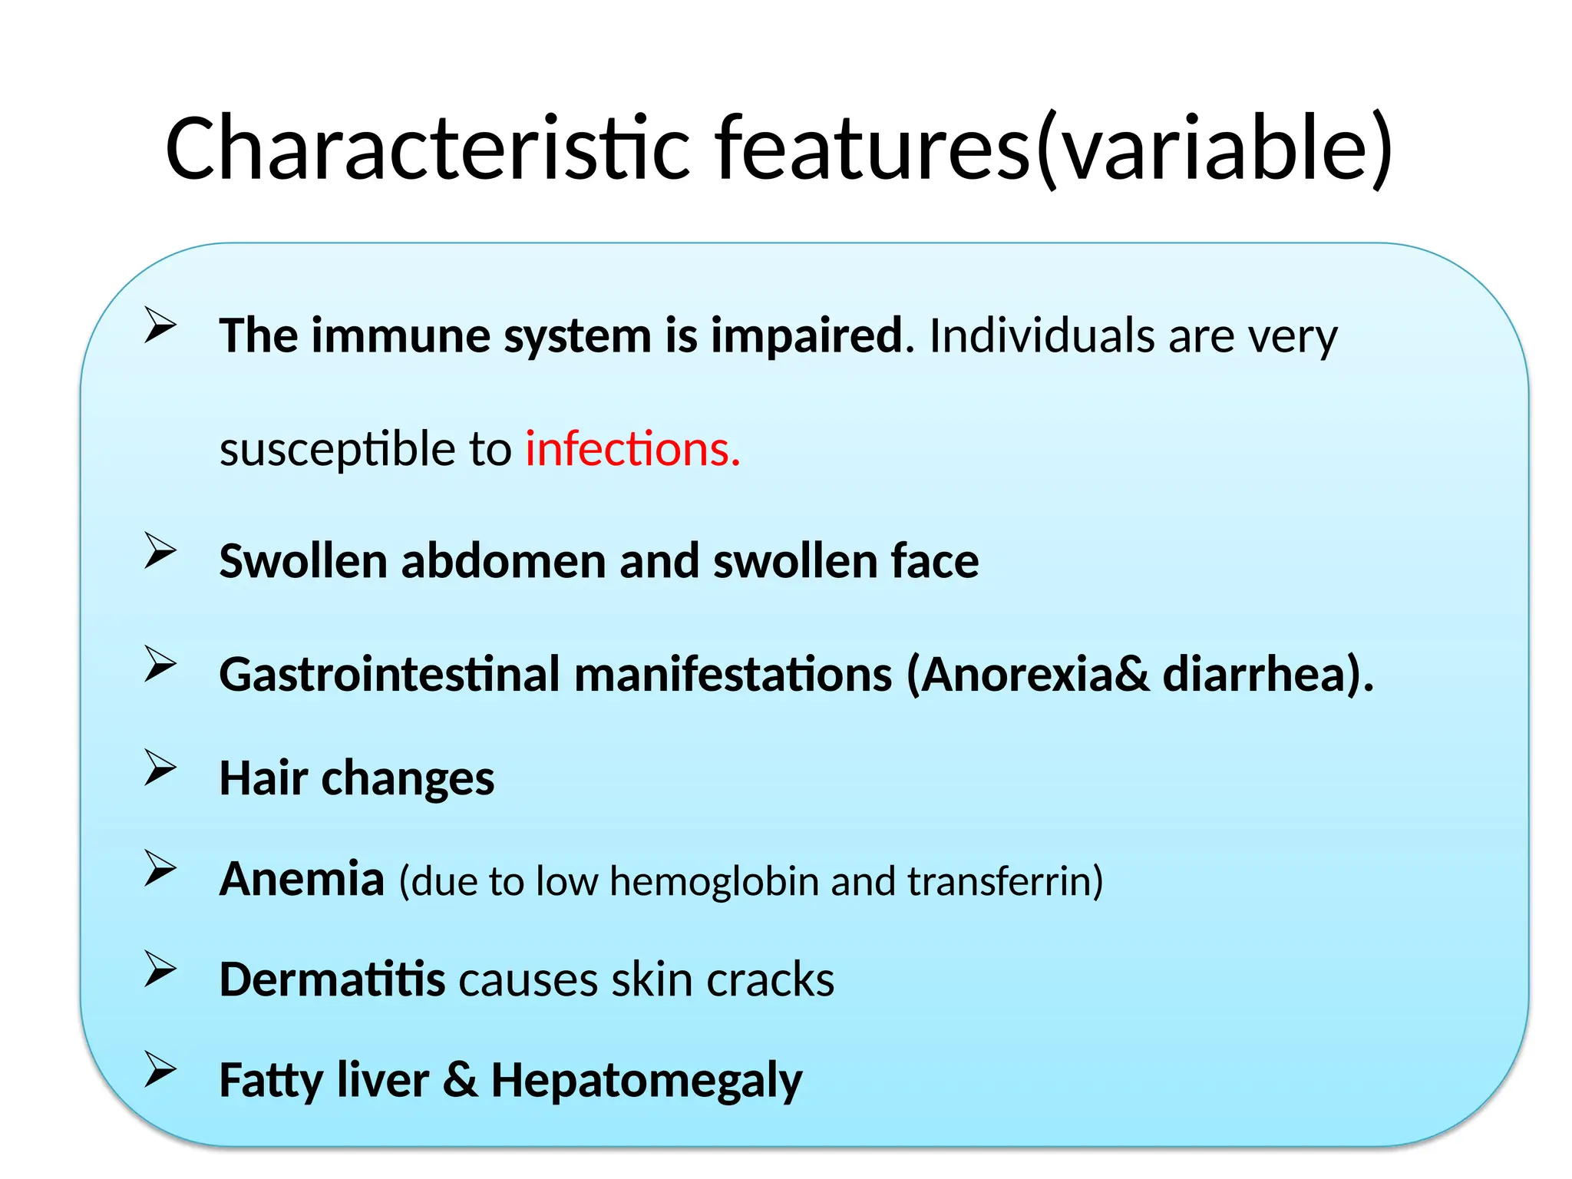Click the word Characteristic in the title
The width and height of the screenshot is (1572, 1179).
tap(427, 147)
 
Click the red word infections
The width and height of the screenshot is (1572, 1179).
tap(632, 449)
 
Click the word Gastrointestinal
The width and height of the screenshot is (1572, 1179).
tap(389, 675)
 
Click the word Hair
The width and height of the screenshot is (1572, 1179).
tap(263, 778)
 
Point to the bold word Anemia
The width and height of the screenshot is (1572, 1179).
tap(302, 879)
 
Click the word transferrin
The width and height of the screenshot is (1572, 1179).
tap(1004, 881)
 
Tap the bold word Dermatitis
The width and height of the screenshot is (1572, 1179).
tap(332, 980)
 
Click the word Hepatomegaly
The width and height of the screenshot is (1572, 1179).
tap(646, 1082)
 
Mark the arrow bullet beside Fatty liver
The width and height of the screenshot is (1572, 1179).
tap(160, 1071)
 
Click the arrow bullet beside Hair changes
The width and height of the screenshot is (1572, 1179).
tap(160, 768)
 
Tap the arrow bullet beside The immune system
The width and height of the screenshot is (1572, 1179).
tap(160, 325)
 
